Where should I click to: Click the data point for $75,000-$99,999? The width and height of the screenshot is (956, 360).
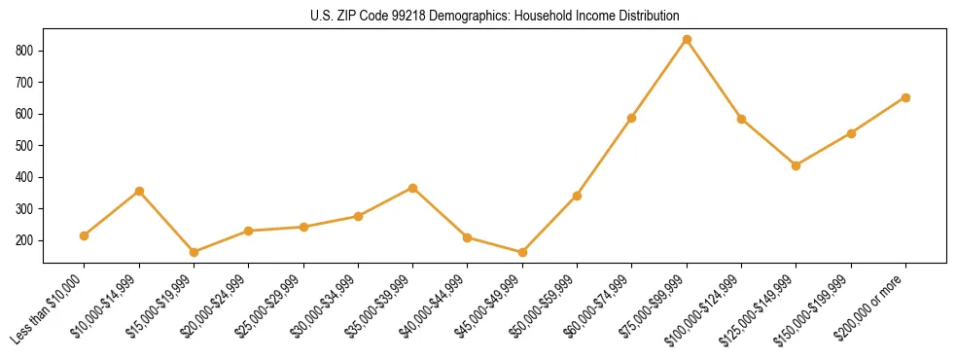tap(687, 40)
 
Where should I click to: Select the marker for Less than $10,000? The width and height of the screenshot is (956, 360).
tap(85, 235)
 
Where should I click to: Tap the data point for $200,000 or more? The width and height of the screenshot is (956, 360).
tap(905, 97)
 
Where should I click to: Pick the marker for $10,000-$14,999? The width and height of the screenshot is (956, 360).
tap(139, 191)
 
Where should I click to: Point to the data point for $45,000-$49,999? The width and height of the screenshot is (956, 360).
tap(522, 252)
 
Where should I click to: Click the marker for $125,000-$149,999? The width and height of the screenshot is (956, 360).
tap(796, 165)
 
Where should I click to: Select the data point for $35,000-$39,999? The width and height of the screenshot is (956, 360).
tap(412, 188)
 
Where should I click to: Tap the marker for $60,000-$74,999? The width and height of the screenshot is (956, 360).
tap(631, 118)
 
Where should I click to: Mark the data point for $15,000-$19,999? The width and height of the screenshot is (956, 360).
tap(194, 252)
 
